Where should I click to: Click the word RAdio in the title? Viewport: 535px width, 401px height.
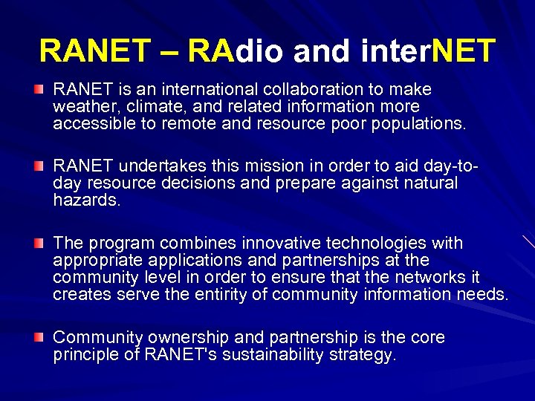[x=237, y=51]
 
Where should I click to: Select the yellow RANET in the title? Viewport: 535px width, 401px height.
[x=94, y=51]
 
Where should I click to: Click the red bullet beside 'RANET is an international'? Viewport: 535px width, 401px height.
[x=39, y=90]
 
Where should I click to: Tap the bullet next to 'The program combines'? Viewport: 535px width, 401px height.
[x=39, y=244]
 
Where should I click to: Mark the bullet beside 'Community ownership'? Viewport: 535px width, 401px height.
[x=39, y=338]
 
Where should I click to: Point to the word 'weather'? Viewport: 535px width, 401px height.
[x=80, y=107]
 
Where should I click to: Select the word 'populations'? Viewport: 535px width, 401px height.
[x=421, y=124]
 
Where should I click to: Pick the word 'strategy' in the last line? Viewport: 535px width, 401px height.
[x=364, y=356]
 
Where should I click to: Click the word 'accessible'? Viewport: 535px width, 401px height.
[x=91, y=124]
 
